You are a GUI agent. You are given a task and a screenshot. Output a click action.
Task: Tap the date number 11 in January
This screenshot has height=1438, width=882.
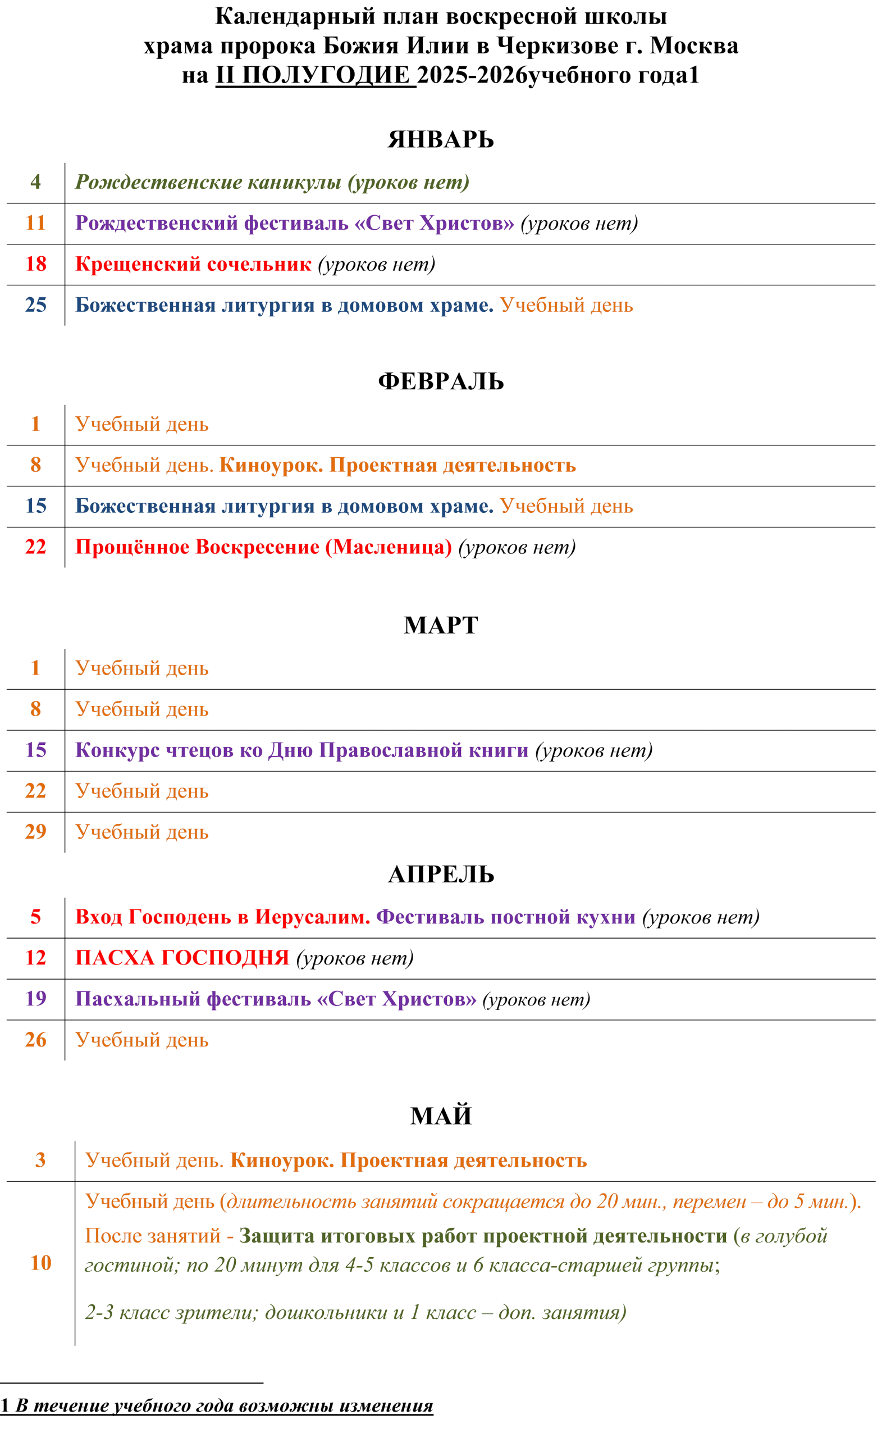[x=35, y=223]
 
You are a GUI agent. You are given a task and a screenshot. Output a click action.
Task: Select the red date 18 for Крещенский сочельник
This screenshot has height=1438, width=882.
[x=35, y=264]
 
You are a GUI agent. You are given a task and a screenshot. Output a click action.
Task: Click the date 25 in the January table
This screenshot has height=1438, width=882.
[x=35, y=304]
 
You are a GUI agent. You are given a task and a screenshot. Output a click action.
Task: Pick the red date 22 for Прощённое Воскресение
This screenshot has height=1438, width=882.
[x=35, y=547]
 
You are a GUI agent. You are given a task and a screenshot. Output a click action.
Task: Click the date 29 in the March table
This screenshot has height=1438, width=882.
[x=35, y=832]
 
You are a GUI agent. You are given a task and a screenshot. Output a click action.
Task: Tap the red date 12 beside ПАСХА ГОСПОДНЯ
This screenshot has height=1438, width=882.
[x=35, y=958]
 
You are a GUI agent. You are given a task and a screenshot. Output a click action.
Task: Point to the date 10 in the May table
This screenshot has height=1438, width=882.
[x=41, y=1263]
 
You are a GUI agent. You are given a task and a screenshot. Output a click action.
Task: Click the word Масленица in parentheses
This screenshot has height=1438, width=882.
[x=389, y=548]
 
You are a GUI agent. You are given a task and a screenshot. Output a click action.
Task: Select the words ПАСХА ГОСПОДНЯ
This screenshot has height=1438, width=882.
[x=182, y=958]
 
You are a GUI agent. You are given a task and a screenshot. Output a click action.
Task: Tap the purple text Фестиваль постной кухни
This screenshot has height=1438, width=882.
[x=506, y=917]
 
